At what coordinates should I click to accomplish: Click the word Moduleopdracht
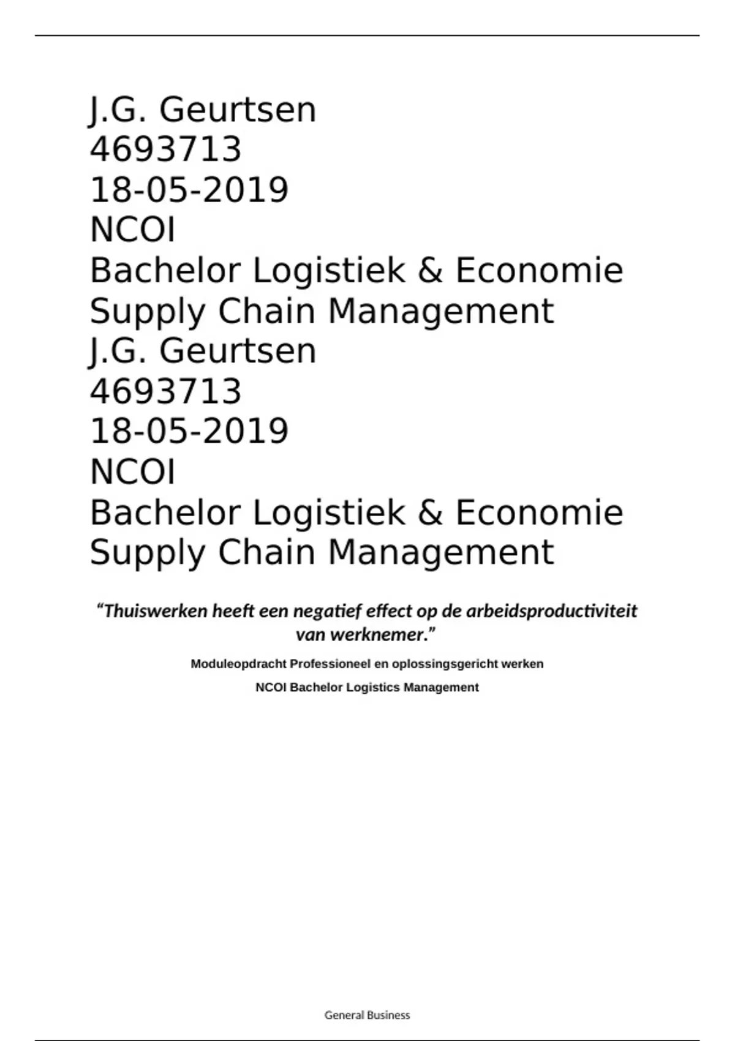[238, 664]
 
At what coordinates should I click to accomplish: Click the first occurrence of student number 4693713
[166, 149]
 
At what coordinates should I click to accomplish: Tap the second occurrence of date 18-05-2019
[189, 431]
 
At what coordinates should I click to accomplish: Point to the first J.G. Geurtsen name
[203, 110]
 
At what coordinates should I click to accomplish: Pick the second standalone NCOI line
[133, 472]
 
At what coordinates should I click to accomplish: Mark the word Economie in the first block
[539, 271]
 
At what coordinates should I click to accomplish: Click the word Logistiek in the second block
[329, 512]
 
